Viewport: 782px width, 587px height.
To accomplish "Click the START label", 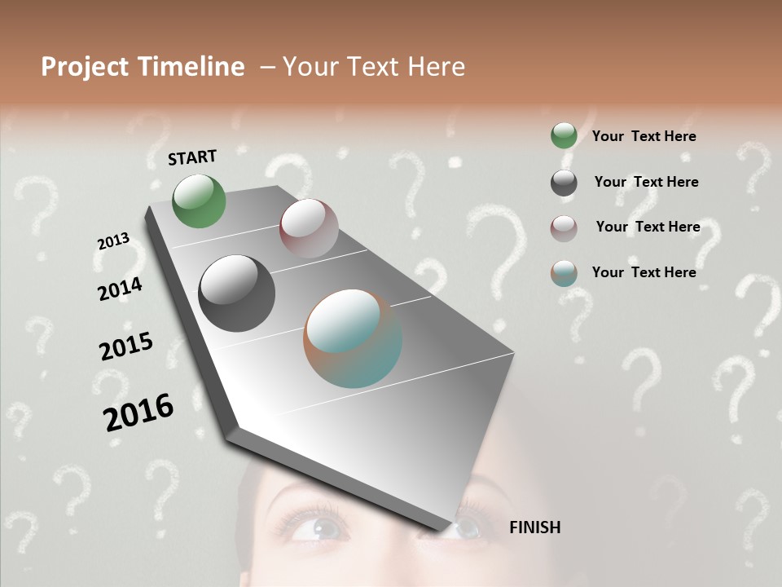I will pyautogui.click(x=192, y=157).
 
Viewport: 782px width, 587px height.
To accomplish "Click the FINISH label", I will pyautogui.click(x=534, y=527).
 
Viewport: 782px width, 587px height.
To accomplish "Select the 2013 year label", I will pyautogui.click(x=113, y=241).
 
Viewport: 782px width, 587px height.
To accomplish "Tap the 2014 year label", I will pyautogui.click(x=121, y=289).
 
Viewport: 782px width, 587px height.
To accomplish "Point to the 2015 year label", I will pyautogui.click(x=126, y=346).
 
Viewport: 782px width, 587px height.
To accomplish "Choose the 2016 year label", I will pyautogui.click(x=138, y=413).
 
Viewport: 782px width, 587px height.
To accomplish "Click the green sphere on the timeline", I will pyautogui.click(x=200, y=201).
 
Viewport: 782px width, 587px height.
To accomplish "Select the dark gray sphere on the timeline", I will pyautogui.click(x=236, y=293).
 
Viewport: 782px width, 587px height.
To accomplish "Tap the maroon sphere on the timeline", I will pyautogui.click(x=309, y=228).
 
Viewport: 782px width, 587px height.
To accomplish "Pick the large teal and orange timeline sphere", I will pyautogui.click(x=353, y=338).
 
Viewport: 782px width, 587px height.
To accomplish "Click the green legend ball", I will pyautogui.click(x=564, y=136).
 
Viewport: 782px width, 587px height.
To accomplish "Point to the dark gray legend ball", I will pyautogui.click(x=564, y=183).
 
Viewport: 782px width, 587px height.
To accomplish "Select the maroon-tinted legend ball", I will pyautogui.click(x=564, y=228).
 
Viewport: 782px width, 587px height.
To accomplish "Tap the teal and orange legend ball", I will pyautogui.click(x=564, y=274).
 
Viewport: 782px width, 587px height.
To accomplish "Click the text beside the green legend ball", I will pyautogui.click(x=644, y=136).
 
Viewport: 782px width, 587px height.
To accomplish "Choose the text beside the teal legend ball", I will pyautogui.click(x=644, y=272).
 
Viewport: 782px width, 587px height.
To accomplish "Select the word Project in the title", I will pyautogui.click(x=83, y=67).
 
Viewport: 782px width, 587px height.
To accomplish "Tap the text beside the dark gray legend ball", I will pyautogui.click(x=646, y=182).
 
